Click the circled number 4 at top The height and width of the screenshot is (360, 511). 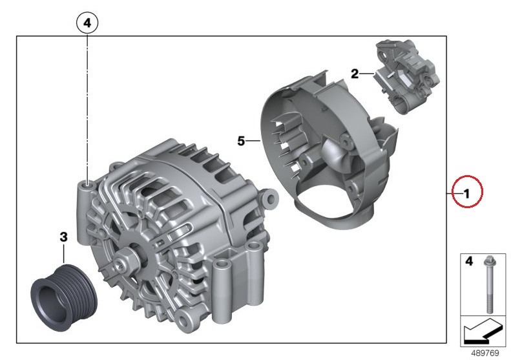pyautogui.click(x=87, y=23)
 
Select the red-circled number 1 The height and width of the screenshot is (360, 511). pyautogui.click(x=466, y=194)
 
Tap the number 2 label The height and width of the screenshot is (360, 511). pyautogui.click(x=355, y=74)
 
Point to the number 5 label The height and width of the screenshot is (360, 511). pyautogui.click(x=241, y=141)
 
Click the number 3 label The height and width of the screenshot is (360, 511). pyautogui.click(x=63, y=237)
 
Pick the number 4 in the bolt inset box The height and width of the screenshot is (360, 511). pyautogui.click(x=468, y=261)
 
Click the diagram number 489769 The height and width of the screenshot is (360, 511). pyautogui.click(x=485, y=353)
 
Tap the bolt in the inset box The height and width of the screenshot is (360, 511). pyautogui.click(x=490, y=284)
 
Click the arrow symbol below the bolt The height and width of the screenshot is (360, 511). pyautogui.click(x=483, y=332)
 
